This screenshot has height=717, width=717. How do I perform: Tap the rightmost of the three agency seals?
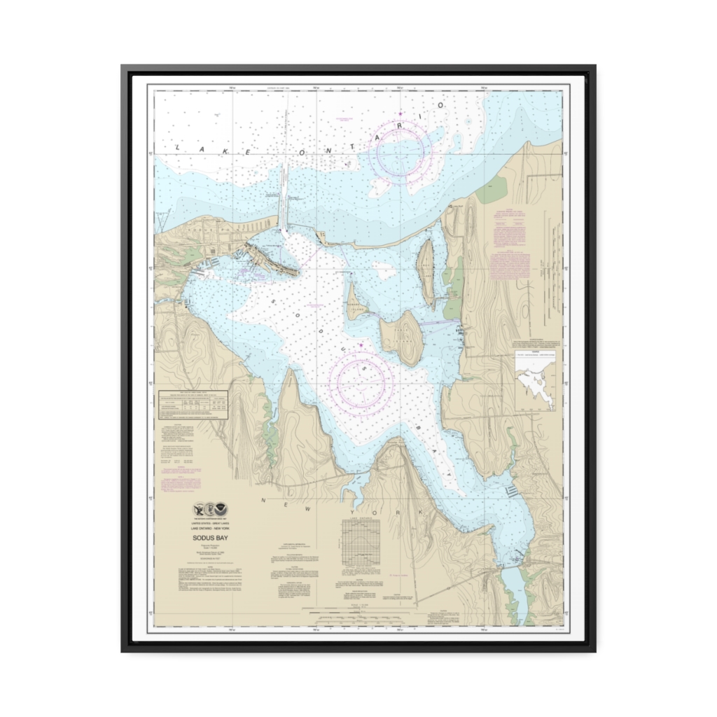point(221,510)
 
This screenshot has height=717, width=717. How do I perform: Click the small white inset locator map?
point(535,382)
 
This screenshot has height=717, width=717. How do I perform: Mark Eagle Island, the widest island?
point(403,337)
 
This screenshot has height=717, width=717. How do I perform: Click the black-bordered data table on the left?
point(193,405)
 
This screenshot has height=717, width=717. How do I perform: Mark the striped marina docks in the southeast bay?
point(511,491)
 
